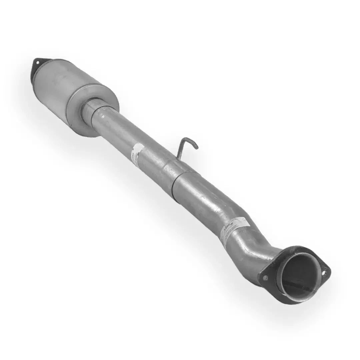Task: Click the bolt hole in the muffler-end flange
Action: click(x=37, y=62)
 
